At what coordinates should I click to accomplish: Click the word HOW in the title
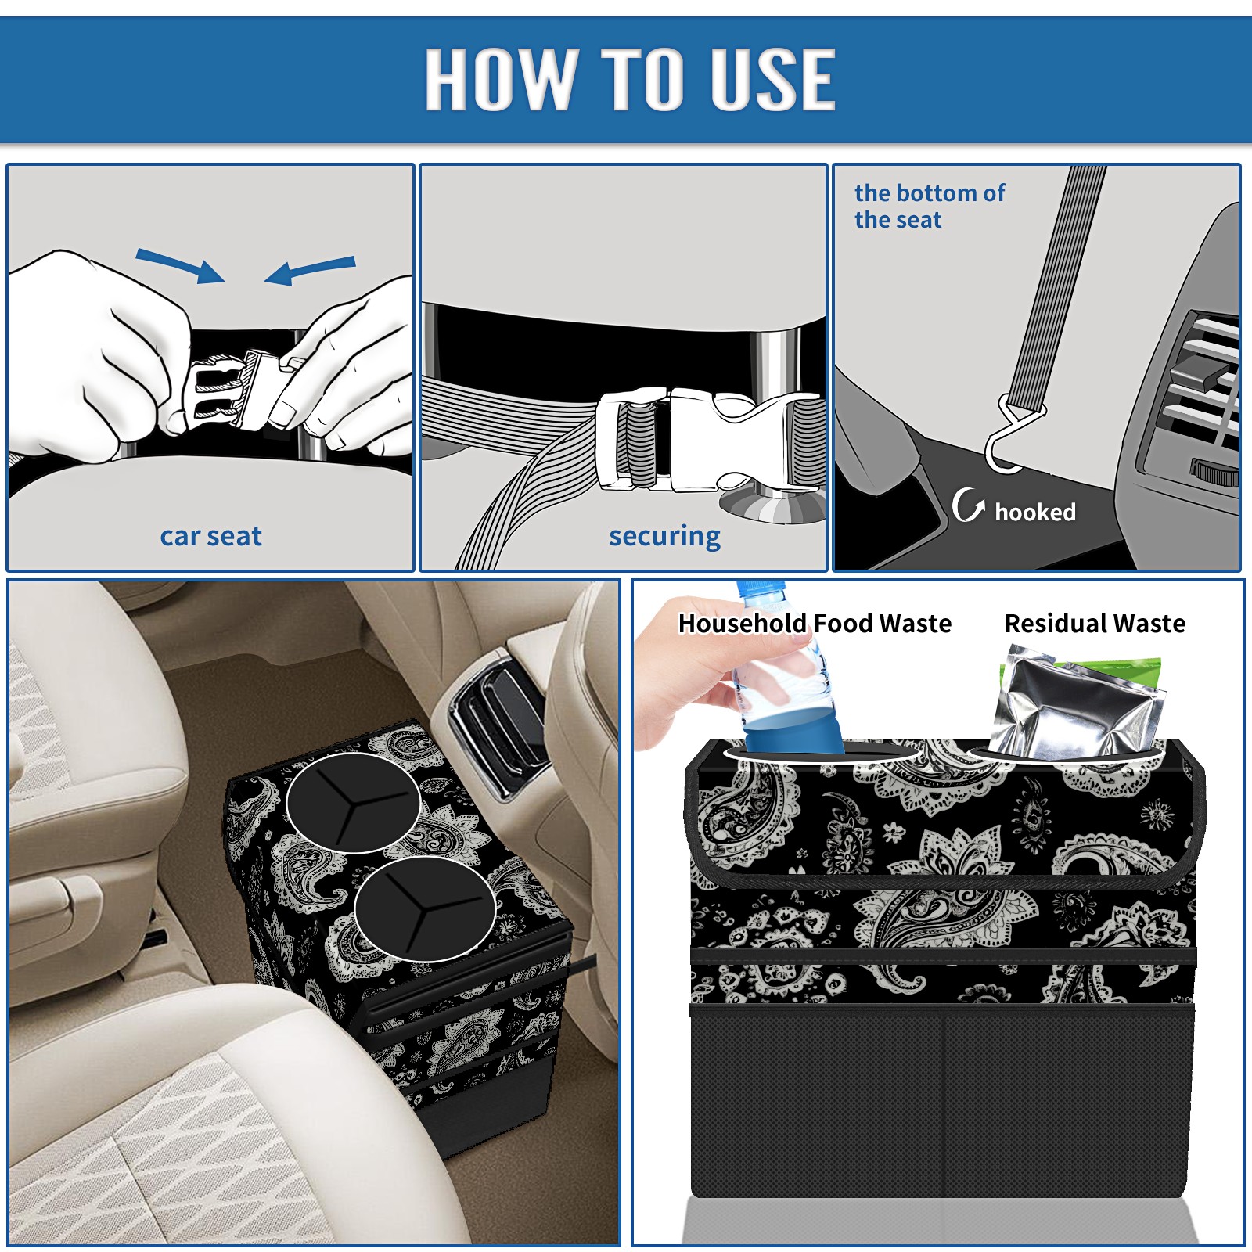(499, 79)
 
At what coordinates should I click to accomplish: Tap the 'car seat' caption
(210, 536)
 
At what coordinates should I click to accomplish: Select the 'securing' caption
(664, 537)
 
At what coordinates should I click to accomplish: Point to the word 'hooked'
(1035, 512)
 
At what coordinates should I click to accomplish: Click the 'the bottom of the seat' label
(930, 206)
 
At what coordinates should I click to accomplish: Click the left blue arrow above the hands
(181, 265)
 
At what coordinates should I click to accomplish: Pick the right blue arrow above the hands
(310, 270)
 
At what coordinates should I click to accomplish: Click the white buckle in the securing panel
(708, 440)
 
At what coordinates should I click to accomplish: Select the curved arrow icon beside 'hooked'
(969, 505)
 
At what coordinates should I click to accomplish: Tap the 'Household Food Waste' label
(815, 623)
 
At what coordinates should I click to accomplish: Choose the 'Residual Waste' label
(1095, 623)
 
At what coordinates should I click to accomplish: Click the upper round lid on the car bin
(354, 803)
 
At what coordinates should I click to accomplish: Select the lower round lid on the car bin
(425, 908)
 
